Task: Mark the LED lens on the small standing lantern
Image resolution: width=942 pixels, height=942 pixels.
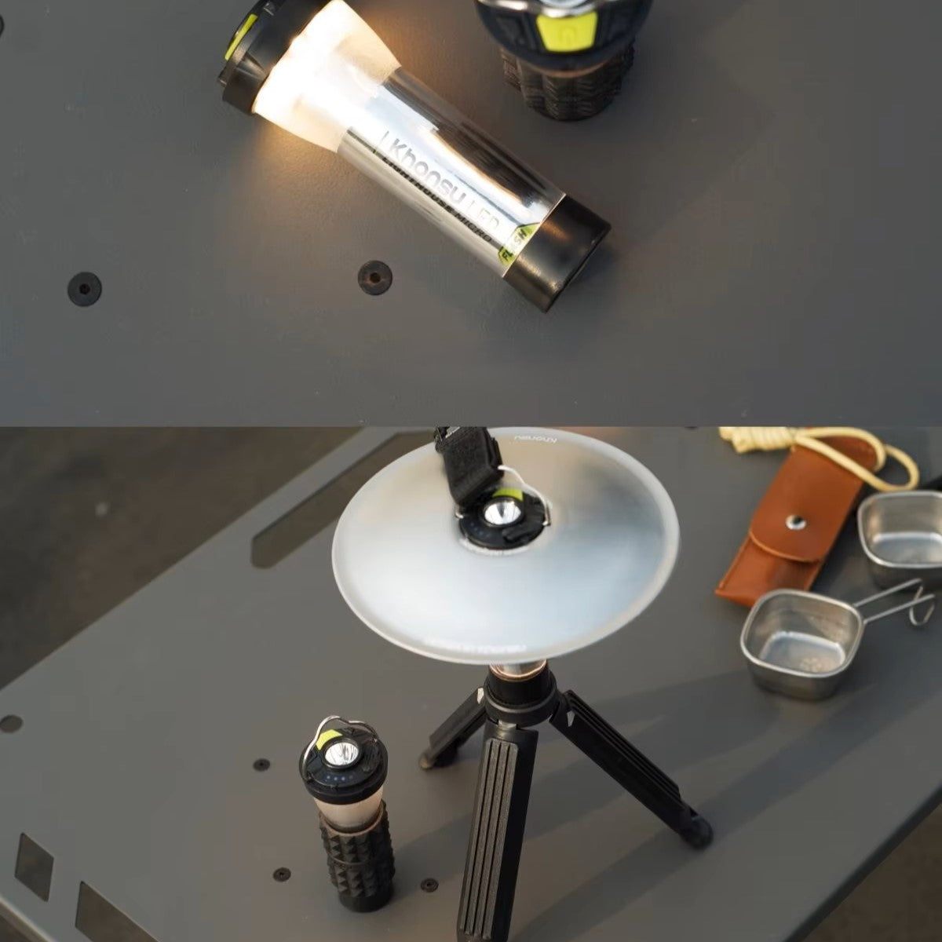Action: tap(341, 756)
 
